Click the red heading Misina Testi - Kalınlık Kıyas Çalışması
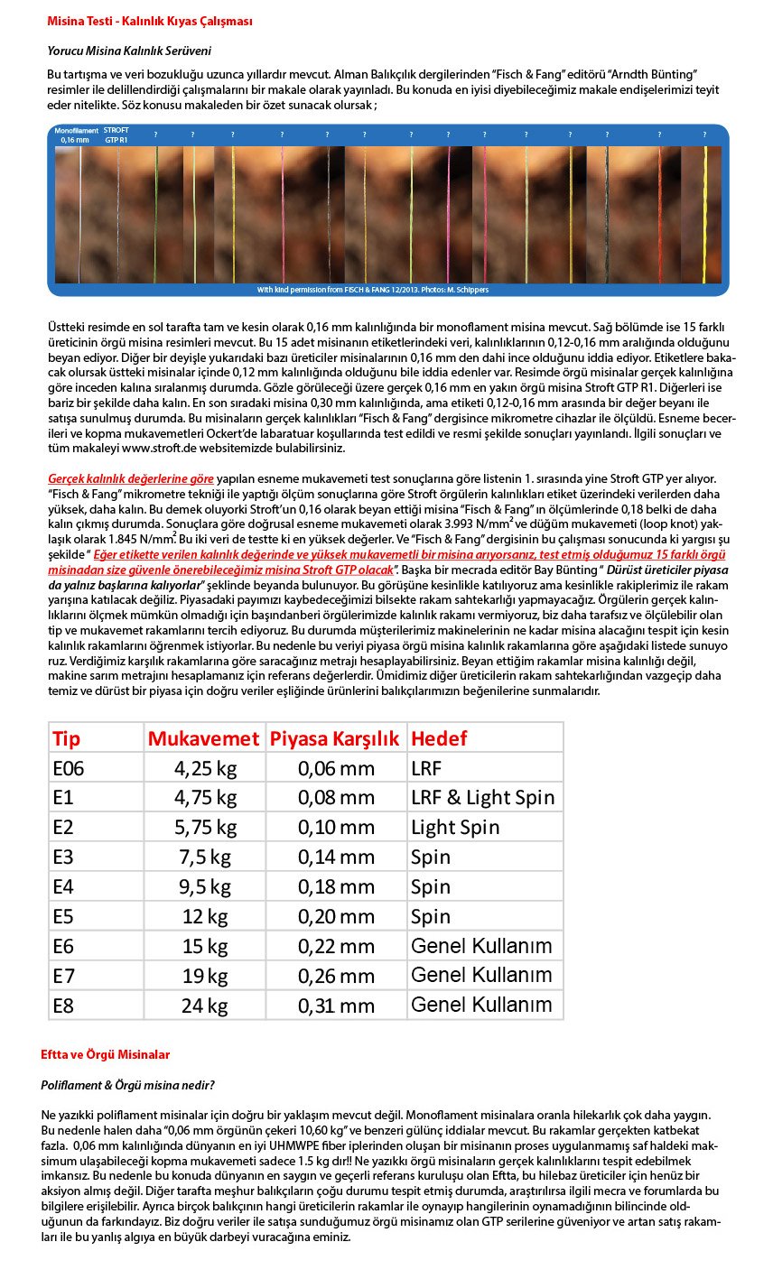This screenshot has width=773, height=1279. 150,22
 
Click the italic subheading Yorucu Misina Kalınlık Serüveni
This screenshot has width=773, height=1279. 129,51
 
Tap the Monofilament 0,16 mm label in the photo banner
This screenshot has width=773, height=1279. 76,135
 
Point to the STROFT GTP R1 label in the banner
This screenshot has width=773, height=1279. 116,135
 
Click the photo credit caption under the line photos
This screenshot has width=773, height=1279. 387,290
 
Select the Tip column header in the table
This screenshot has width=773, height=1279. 67,738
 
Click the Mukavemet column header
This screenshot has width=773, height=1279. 203,738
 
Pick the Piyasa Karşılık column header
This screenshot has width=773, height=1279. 334,738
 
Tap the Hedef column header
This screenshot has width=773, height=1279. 439,738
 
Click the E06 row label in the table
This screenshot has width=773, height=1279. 68,768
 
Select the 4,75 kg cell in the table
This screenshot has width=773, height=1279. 205,797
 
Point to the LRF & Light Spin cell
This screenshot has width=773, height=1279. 482,797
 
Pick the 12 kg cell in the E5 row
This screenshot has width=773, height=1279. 205,916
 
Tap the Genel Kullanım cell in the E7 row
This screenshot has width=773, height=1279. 480,975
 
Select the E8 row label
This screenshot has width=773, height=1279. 63,1005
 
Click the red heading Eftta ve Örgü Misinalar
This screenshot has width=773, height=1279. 105,1054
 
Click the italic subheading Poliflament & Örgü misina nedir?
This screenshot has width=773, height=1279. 127,1084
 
